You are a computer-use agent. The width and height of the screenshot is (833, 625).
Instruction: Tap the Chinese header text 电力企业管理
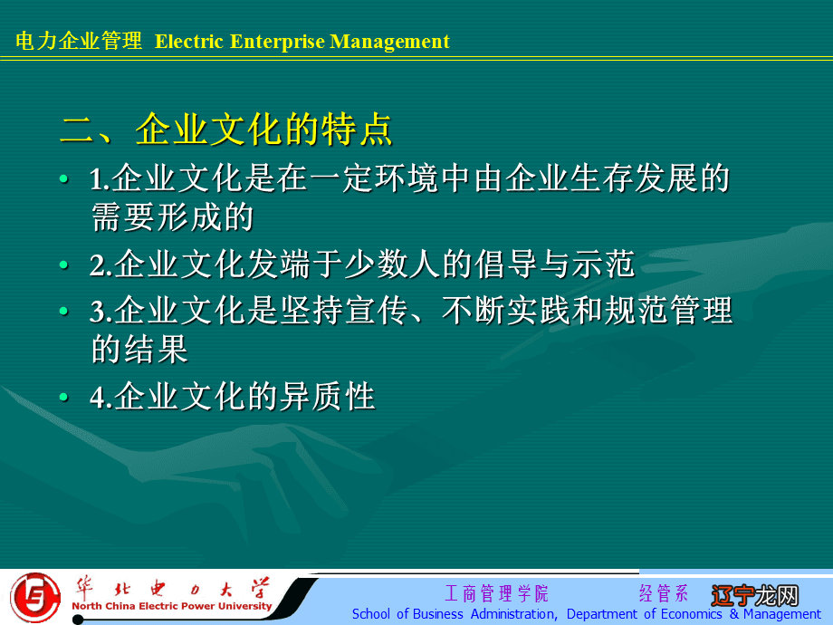tap(80, 42)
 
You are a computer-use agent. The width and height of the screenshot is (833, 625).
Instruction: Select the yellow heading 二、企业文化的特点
tap(226, 130)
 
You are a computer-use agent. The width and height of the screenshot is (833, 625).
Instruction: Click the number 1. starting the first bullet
tap(100, 180)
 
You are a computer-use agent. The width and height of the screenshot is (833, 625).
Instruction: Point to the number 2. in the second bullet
tap(100, 265)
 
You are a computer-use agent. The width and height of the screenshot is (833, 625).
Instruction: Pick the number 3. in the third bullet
tap(100, 312)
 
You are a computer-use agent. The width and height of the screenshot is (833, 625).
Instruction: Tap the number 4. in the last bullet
tap(100, 399)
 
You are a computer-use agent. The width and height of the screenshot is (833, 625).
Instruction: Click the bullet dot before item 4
tap(62, 399)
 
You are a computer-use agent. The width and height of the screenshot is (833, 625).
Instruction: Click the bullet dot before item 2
tap(62, 265)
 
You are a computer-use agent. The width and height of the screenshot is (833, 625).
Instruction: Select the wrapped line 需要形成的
tap(172, 217)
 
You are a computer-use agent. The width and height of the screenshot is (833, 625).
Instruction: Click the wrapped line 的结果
tap(139, 350)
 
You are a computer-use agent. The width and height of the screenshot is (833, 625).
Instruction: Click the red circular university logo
tap(35, 597)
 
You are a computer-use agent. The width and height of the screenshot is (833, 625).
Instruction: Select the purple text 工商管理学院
tap(496, 594)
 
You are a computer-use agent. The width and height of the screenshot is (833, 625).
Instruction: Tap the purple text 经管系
tap(664, 594)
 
